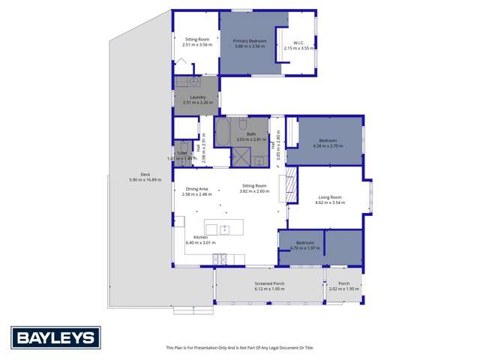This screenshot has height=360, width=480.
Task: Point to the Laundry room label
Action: [197, 97]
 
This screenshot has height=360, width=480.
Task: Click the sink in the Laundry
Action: [193, 81]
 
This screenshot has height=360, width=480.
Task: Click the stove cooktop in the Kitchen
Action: [220, 259]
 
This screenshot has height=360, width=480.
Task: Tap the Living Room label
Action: [328, 198]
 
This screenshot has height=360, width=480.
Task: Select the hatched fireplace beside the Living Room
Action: [283, 186]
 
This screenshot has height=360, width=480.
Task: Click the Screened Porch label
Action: [269, 284]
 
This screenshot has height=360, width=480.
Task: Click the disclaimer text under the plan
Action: [239, 348]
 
